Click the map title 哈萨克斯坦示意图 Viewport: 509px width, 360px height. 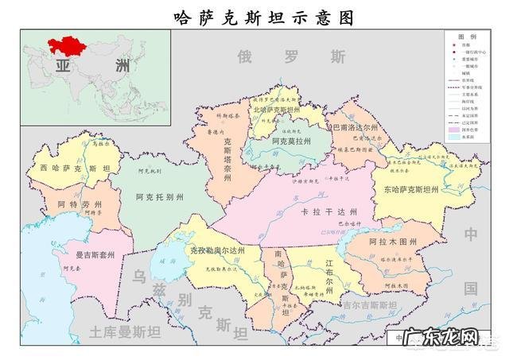[254, 17]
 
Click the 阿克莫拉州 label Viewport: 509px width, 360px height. [290, 141]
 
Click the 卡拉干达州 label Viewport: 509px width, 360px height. [329, 211]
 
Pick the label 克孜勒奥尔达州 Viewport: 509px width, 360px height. [216, 250]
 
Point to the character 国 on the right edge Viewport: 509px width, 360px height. [472, 288]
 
